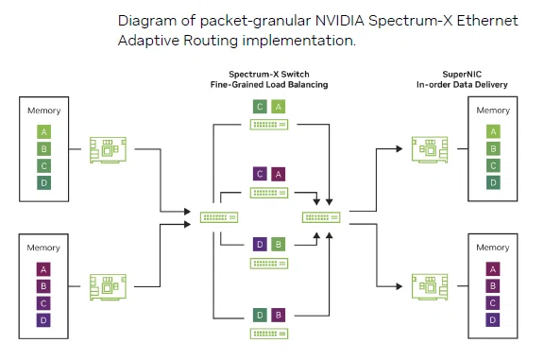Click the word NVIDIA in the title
click(340, 21)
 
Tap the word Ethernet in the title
click(487, 21)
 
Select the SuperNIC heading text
click(462, 74)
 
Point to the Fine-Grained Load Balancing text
click(269, 84)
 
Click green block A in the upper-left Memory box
click(43, 132)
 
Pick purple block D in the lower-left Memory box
click(43, 320)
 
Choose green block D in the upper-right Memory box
click(493, 182)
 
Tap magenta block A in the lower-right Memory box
click(493, 269)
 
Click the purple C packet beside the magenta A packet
click(260, 174)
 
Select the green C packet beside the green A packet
click(260, 107)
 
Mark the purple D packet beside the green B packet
click(260, 245)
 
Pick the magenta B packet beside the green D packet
click(278, 316)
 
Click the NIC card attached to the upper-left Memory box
click(108, 149)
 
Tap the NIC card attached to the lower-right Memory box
click(430, 286)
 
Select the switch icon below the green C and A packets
click(269, 125)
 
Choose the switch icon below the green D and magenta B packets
click(269, 334)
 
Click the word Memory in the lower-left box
click(43, 248)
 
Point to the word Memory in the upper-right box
click(493, 111)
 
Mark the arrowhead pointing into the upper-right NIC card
click(399, 149)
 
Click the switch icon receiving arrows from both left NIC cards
click(219, 217)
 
